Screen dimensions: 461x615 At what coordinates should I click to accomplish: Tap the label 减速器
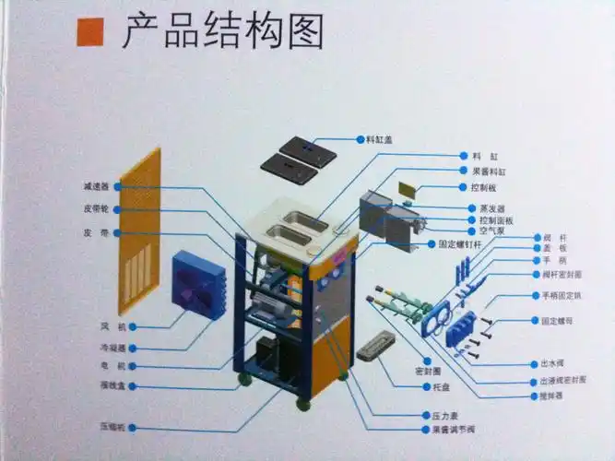pos(97,187)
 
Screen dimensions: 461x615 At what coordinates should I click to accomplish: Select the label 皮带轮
pos(97,209)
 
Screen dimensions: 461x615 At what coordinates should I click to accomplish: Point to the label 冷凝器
pos(113,348)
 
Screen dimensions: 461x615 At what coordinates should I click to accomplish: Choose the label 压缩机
pos(112,427)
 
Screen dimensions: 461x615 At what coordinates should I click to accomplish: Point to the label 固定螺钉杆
pos(462,244)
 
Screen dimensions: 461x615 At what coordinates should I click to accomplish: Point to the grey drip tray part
pos(376,350)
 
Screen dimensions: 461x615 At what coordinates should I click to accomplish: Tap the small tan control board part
pos(408,189)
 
